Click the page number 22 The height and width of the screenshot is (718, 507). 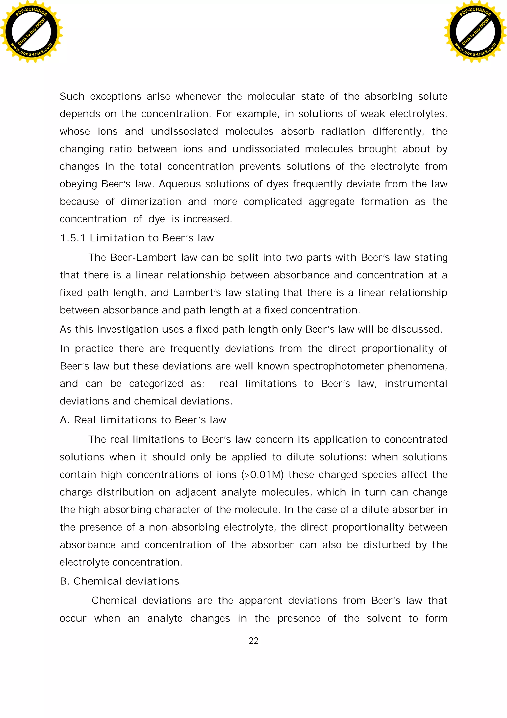pyautogui.click(x=253, y=641)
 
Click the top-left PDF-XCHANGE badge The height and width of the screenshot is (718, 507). pyautogui.click(x=31, y=31)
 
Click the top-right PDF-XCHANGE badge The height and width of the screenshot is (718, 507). pyautogui.click(x=475, y=31)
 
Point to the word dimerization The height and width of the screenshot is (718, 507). pyautogui.click(x=151, y=202)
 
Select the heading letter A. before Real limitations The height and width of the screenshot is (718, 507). pyautogui.click(x=65, y=420)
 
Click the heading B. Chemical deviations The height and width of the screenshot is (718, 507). pyautogui.click(x=119, y=581)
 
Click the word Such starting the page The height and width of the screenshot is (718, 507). pyautogui.click(x=72, y=96)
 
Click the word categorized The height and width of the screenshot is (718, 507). pyautogui.click(x=156, y=384)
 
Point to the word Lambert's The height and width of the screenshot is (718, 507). pyautogui.click(x=197, y=293)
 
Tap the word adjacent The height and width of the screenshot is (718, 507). pyautogui.click(x=196, y=492)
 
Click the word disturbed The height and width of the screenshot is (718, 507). pyautogui.click(x=386, y=545)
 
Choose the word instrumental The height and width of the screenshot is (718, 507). pyautogui.click(x=416, y=384)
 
